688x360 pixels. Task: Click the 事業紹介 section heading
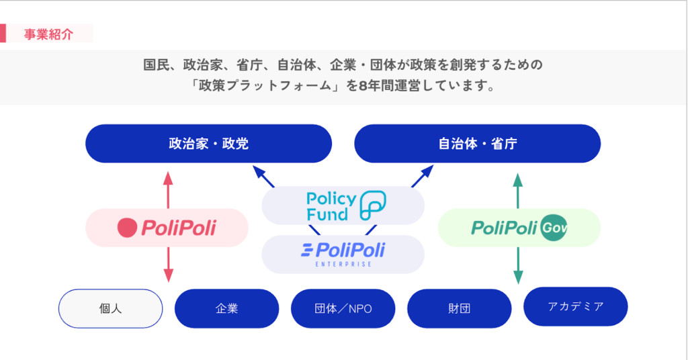tap(48, 34)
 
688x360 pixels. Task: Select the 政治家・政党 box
tap(208, 143)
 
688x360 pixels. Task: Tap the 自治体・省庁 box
tap(477, 143)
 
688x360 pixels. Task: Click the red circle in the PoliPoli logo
tap(127, 228)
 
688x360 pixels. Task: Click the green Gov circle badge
tap(554, 228)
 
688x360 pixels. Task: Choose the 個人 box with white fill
tap(111, 308)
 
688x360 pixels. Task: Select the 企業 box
tap(226, 308)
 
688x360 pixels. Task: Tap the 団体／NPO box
tap(343, 308)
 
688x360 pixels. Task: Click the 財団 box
tap(459, 308)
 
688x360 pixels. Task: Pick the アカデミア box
tap(575, 306)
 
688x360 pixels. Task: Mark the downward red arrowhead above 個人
tap(169, 275)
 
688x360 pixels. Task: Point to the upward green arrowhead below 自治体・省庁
tap(517, 179)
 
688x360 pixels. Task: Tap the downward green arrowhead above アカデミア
tap(517, 275)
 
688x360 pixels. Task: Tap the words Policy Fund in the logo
tap(331, 206)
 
